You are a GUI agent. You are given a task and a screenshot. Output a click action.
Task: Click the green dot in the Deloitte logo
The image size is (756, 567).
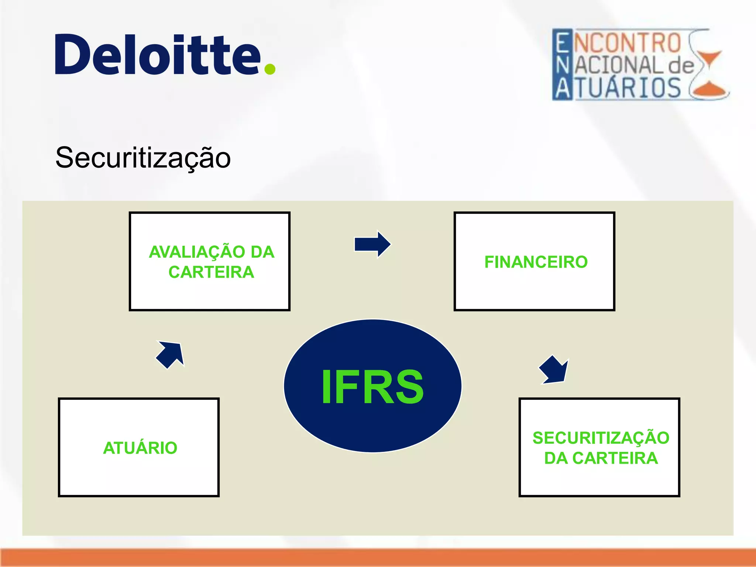tap(270, 69)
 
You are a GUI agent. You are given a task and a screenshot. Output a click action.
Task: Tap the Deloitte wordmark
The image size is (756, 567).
tap(159, 55)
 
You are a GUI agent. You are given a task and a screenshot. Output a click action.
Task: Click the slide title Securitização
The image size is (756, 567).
tap(143, 158)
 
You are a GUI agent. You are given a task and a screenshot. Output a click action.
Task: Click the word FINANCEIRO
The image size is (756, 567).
tap(536, 262)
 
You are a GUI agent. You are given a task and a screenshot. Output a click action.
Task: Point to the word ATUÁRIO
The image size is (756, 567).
tap(140, 448)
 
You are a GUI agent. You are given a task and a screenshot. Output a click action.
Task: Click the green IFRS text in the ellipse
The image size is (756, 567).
tap(372, 387)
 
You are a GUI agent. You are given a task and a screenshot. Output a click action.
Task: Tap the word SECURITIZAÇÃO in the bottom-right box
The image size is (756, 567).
tap(601, 438)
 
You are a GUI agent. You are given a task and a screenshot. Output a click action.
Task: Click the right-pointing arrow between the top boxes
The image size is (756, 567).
tap(372, 244)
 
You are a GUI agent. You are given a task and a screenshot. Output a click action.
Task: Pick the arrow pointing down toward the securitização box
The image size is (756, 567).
tap(554, 370)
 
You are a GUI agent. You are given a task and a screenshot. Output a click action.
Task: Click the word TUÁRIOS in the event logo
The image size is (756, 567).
tap(628, 88)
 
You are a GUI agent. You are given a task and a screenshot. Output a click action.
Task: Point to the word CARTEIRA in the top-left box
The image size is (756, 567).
tap(211, 272)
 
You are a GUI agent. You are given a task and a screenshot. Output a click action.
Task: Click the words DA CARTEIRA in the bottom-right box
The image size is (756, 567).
tap(601, 458)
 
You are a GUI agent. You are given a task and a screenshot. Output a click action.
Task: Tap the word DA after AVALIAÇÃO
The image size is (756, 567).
tap(262, 252)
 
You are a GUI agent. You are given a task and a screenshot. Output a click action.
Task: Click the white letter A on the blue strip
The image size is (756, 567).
tap(563, 89)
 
